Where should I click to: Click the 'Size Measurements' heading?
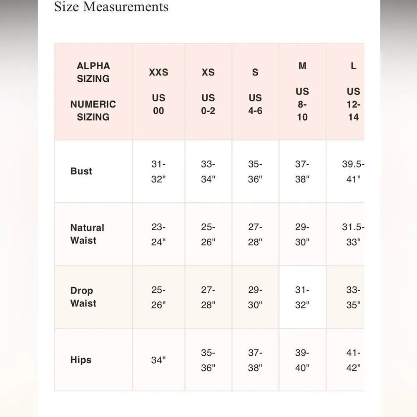coord(111,7)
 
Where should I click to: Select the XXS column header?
coord(158,72)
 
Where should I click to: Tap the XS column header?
coord(208,72)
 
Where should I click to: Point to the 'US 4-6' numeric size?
coord(255,104)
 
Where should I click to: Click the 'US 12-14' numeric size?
coord(353,104)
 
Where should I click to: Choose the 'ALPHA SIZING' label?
coord(93,72)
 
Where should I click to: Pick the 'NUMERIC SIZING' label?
coord(93,111)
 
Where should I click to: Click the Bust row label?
coord(81,171)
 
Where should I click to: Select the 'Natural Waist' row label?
coord(87,234)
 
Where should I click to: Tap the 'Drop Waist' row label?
coord(83,297)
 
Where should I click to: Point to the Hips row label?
coord(81,360)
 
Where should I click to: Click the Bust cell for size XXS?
coord(158,171)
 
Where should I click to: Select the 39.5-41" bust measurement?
coord(353,171)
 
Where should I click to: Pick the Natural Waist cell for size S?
coord(255,234)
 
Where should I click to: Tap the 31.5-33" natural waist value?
coord(353,234)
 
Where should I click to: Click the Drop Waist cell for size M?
coord(302,297)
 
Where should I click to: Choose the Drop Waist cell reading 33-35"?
coord(353,297)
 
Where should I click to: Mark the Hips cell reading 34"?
coord(158,360)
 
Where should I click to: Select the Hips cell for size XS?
coord(208,360)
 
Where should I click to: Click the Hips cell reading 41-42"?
coord(353,360)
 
